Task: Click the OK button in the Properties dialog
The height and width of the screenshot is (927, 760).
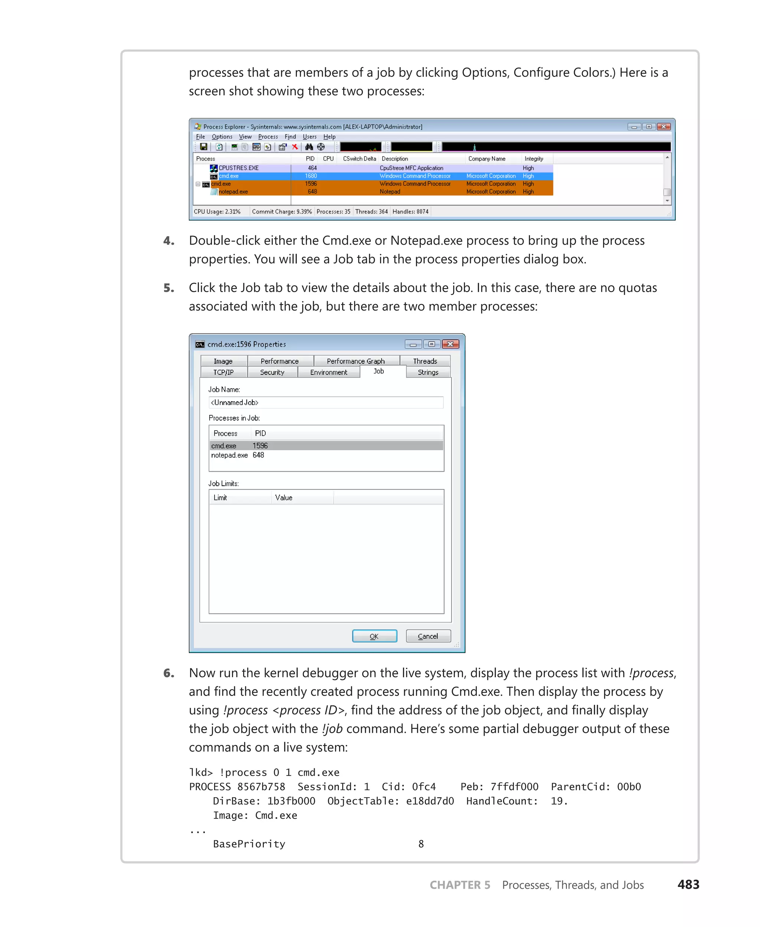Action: (374, 636)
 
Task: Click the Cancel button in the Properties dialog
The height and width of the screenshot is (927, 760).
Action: (428, 636)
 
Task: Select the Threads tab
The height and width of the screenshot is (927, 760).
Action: (425, 361)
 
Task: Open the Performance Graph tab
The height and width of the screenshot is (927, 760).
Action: (356, 361)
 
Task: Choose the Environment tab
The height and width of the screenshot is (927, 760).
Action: (328, 372)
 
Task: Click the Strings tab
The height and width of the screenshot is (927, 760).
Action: (428, 372)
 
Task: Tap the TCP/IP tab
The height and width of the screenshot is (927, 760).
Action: (223, 372)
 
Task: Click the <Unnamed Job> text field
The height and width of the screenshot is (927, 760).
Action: (326, 402)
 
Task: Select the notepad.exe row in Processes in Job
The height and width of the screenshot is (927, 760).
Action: (229, 455)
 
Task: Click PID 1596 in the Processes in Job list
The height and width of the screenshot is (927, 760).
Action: (260, 445)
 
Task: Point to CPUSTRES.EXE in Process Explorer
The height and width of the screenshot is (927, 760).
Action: (239, 168)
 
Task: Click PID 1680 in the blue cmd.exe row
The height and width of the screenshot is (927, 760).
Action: (311, 176)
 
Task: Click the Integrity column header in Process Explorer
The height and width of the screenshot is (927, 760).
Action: (534, 159)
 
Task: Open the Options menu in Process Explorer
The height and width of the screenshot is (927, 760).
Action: (222, 137)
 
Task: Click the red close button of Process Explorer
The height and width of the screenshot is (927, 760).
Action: (664, 127)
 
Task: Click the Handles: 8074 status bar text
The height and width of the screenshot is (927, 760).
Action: (410, 212)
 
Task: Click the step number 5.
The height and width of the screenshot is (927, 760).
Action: (169, 288)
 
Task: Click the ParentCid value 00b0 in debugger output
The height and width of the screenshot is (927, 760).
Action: (629, 786)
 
